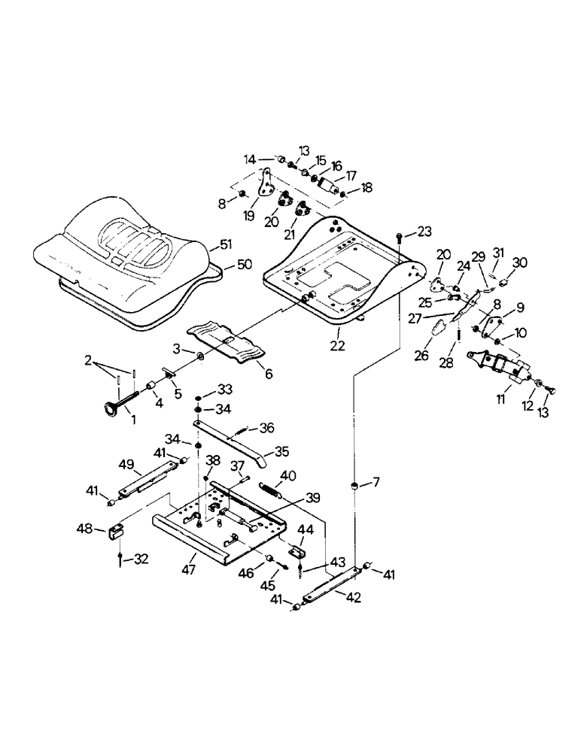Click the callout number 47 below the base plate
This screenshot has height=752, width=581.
click(x=189, y=569)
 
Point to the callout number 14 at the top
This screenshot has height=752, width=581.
click(x=250, y=159)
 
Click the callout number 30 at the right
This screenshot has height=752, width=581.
click(x=520, y=262)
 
